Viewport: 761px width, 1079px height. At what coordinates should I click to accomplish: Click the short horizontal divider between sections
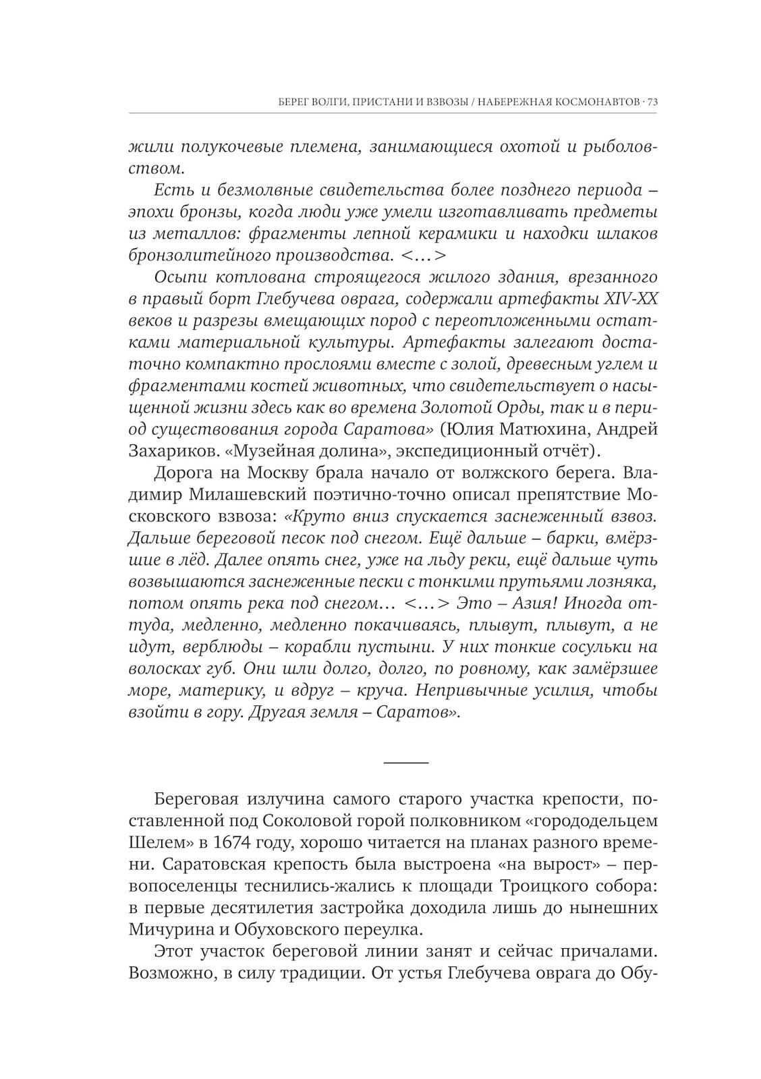click(406, 761)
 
